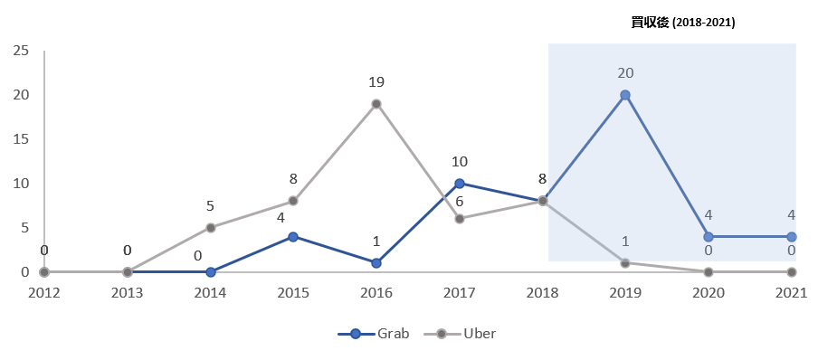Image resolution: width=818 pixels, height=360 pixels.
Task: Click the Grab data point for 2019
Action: (625, 95)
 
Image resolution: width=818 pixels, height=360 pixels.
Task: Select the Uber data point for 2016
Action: (376, 104)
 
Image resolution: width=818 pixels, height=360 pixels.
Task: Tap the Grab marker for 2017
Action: (460, 184)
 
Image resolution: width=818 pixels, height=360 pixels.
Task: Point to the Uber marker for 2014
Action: (211, 228)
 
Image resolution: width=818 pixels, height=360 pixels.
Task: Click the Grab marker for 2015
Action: (294, 237)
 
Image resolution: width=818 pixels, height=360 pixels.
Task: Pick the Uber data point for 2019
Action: (625, 263)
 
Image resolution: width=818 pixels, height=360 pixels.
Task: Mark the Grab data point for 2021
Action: (791, 237)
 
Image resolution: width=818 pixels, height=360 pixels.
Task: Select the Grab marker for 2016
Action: (376, 263)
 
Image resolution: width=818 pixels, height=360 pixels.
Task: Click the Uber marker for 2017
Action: (460, 219)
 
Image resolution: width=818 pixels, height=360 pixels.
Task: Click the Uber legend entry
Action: (463, 334)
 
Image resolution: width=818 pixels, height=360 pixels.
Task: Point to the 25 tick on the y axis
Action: (21, 51)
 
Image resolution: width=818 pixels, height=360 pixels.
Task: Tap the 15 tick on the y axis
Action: (21, 139)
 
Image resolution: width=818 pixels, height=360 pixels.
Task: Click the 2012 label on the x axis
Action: (45, 293)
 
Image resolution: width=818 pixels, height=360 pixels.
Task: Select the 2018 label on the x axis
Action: (542, 293)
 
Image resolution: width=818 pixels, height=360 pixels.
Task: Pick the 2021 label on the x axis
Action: (791, 293)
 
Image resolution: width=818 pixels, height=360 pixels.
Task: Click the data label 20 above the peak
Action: (625, 72)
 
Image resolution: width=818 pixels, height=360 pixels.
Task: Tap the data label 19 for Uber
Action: (376, 81)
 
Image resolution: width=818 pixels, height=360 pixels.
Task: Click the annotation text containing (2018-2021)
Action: (683, 23)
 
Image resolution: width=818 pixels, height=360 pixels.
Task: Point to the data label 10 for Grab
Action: (460, 162)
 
